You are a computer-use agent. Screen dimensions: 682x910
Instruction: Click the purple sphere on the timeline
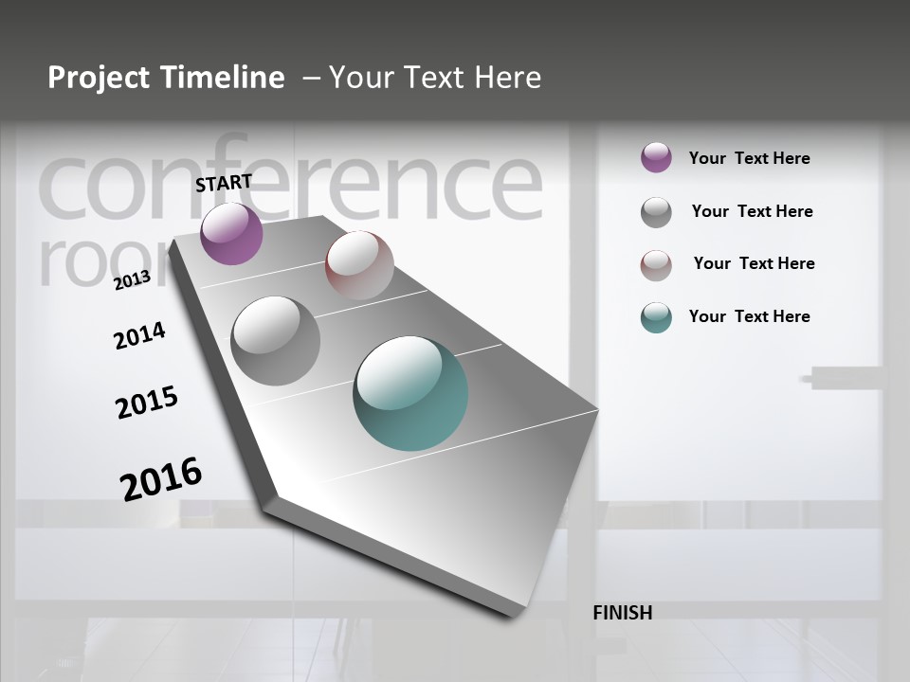[231, 233]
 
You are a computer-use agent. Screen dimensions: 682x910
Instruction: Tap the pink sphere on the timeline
[359, 264]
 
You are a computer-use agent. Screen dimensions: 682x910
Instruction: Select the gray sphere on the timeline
[275, 340]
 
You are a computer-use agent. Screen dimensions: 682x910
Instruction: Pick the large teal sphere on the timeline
[410, 393]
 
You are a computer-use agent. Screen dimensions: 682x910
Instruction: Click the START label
[224, 183]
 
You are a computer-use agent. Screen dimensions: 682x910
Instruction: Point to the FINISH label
[622, 613]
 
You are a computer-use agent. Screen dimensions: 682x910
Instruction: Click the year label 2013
[132, 280]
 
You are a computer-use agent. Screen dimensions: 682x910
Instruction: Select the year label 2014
[139, 335]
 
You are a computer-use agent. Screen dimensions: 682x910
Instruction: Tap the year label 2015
[147, 403]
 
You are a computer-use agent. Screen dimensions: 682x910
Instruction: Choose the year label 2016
[161, 479]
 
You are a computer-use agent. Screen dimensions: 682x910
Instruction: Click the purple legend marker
[656, 157]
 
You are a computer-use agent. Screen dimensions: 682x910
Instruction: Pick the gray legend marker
[656, 212]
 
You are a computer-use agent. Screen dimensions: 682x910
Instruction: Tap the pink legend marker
[656, 265]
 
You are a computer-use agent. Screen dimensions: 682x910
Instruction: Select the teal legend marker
[656, 317]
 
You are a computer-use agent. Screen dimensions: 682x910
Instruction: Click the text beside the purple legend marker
[749, 158]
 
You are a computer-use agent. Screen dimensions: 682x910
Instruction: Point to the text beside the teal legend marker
[749, 316]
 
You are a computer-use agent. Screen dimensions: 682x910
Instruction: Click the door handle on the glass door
[843, 379]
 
